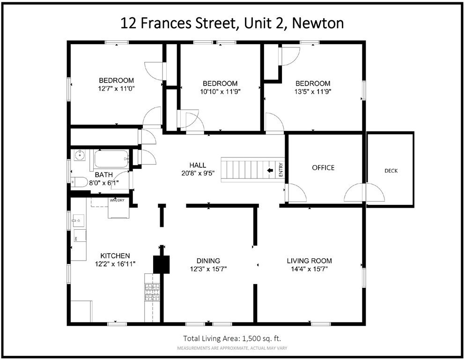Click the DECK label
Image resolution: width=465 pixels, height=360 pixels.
point(391,171)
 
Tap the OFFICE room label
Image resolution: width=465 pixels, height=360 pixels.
point(324,168)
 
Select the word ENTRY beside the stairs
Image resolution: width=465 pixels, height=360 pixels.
point(281,170)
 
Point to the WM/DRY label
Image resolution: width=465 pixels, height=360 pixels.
point(117,201)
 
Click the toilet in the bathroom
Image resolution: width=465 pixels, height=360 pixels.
point(78,181)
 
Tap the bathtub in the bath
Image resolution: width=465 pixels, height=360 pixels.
point(111,160)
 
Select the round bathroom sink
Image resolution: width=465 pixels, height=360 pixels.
point(79,155)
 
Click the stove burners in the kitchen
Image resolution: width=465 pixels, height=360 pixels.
point(152,292)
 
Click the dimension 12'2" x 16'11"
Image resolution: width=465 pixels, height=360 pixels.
point(115,264)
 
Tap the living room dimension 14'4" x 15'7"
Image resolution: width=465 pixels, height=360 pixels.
point(310,269)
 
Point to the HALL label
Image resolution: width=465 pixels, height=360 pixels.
point(196,165)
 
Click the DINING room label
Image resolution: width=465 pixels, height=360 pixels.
point(208,261)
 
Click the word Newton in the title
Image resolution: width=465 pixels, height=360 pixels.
point(317,22)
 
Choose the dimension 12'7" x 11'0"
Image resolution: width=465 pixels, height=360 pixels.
point(116,88)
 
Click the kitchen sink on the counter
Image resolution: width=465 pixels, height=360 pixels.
point(78,220)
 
